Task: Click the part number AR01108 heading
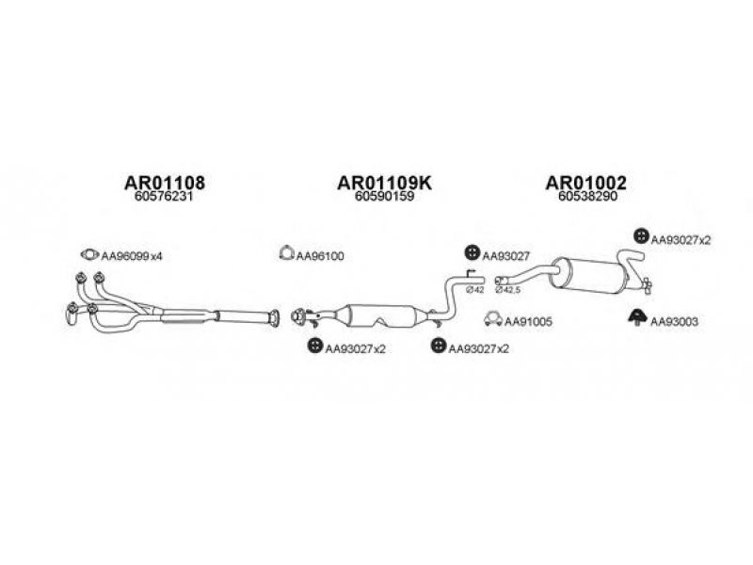pos(165,183)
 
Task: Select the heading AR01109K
pos(385,183)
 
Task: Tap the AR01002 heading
pos(585,183)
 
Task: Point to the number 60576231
pos(164,197)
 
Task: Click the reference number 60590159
pos(384,197)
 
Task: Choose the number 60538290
pos(587,197)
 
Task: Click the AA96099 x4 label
pos(132,256)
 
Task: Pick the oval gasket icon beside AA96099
pos(89,254)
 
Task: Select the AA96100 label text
pos(320,256)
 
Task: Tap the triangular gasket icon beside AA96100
pos(286,252)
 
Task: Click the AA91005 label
pos(528,321)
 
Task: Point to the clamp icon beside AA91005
pos(493,318)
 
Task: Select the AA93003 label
pos(674,321)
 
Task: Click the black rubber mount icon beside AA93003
pos(638,317)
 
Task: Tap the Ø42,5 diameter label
pos(508,290)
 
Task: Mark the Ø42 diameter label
pos(474,290)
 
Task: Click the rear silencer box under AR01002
pos(592,275)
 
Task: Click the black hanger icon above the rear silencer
pos(641,235)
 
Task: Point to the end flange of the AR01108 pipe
pos(274,318)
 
